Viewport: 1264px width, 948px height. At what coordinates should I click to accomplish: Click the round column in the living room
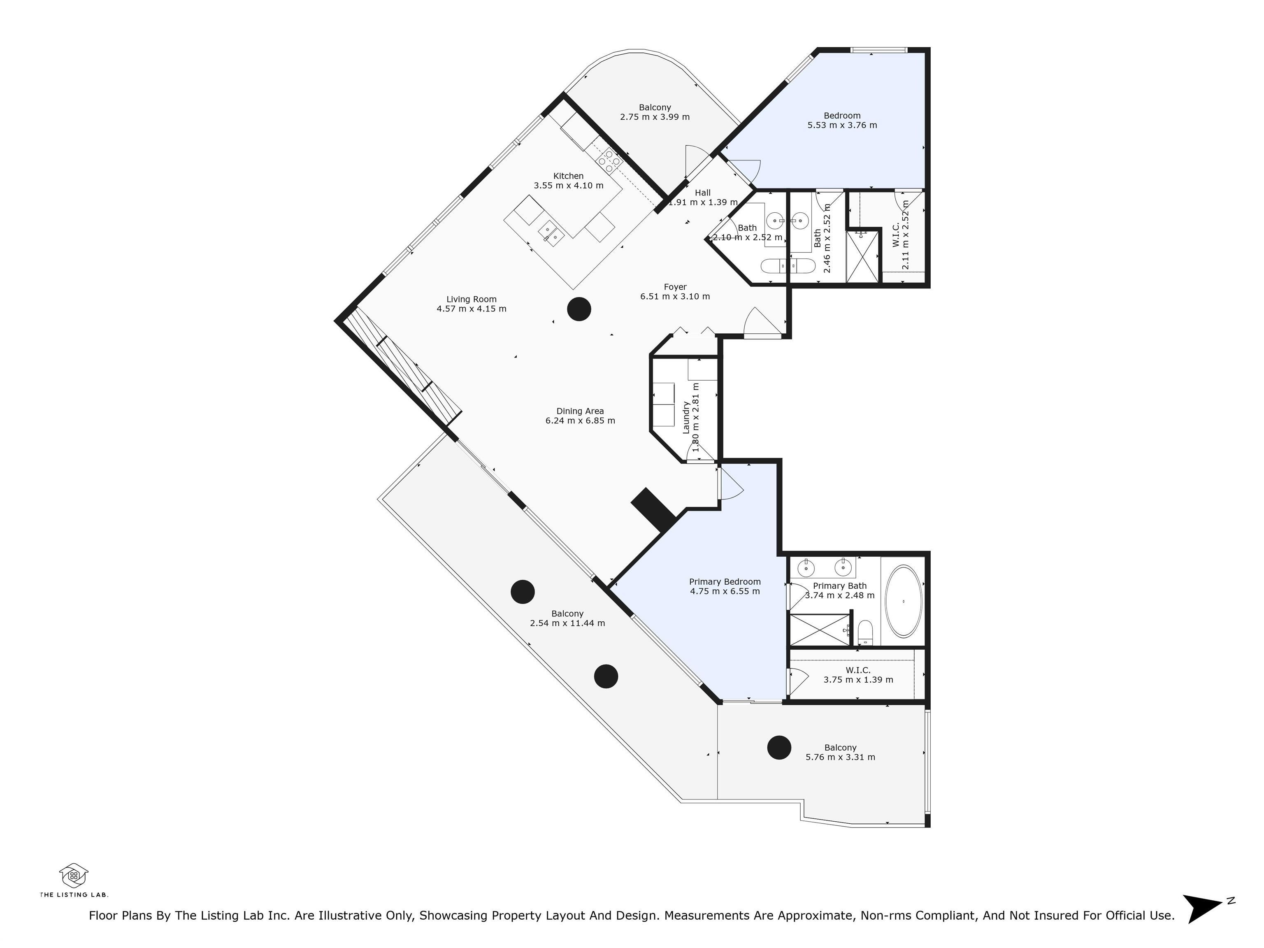[x=579, y=309]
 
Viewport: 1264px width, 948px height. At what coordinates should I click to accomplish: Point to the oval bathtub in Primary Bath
[x=903, y=601]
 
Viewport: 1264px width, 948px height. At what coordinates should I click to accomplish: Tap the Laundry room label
[x=686, y=417]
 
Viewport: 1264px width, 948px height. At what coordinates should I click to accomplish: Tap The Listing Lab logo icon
[x=74, y=875]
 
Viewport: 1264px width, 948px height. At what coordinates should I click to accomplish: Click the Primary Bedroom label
[x=725, y=582]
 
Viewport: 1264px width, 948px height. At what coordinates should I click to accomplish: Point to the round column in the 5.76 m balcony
[x=779, y=747]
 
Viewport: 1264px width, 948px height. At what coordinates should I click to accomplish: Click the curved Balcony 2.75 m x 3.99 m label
[x=655, y=107]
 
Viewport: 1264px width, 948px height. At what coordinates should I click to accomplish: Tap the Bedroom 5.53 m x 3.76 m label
[x=842, y=116]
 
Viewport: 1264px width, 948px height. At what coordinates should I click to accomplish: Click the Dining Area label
[x=580, y=411]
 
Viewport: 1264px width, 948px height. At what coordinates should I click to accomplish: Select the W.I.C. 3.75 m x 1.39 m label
[x=858, y=670]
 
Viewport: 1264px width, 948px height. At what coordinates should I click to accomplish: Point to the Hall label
[x=702, y=193]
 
